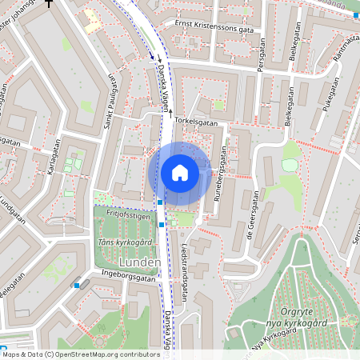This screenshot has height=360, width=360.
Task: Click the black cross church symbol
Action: (x=50, y=3)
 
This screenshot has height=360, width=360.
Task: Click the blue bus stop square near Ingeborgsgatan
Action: (x=77, y=285)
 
